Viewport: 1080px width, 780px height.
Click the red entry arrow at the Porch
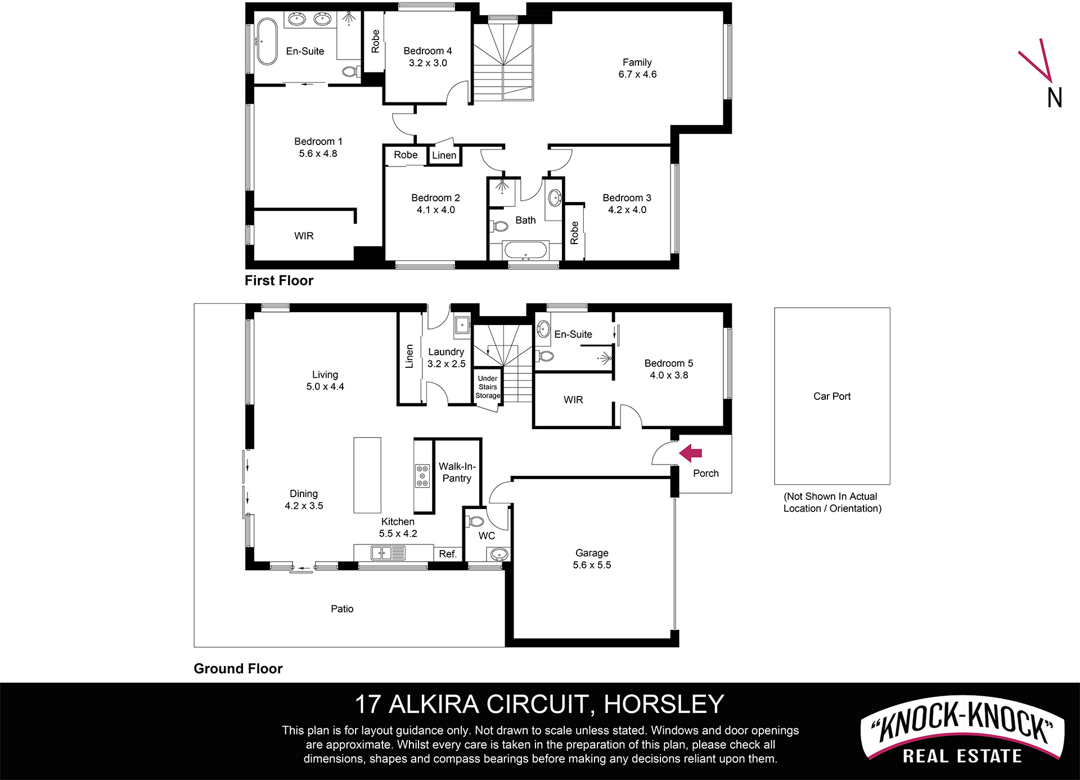(x=691, y=453)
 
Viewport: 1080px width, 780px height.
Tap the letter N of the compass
(x=1055, y=98)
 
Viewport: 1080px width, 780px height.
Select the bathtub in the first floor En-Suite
(x=267, y=42)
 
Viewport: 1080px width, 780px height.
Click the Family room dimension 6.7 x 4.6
(x=637, y=74)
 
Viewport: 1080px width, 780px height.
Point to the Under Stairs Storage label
(x=488, y=387)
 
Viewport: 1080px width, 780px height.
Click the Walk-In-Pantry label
(x=457, y=472)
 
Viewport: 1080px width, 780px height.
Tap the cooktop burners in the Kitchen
(x=422, y=476)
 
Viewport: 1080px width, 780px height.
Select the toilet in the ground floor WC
(x=476, y=521)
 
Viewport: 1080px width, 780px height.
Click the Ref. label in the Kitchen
(x=448, y=554)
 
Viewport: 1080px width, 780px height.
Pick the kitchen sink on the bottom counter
(x=388, y=553)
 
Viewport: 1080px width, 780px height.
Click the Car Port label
(x=832, y=396)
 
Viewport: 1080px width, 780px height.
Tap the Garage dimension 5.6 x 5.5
(x=592, y=565)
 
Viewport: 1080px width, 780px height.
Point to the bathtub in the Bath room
(x=525, y=251)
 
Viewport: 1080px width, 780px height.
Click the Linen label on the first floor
(x=444, y=156)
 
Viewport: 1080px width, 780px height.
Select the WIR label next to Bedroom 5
(x=573, y=400)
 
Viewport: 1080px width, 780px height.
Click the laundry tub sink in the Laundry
(x=462, y=325)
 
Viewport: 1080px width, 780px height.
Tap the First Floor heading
(x=279, y=281)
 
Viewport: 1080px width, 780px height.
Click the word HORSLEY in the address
(x=664, y=704)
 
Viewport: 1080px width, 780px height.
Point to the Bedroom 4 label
(x=427, y=51)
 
